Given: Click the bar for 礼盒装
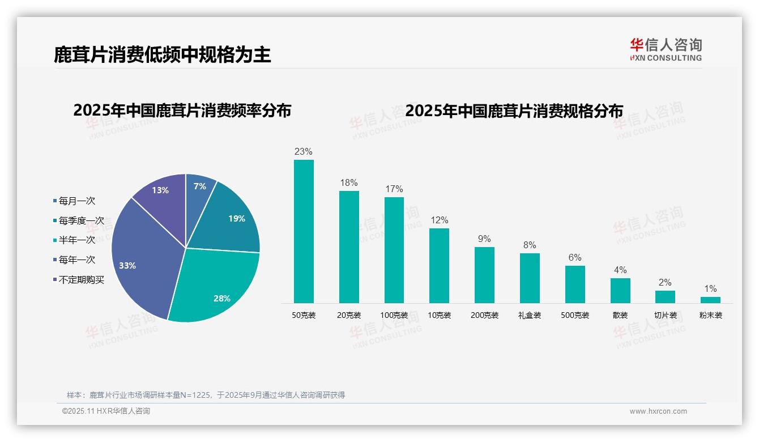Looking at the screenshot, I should click(530, 278).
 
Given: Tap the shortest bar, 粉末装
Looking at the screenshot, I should click(710, 300).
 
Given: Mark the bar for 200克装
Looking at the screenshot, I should click(484, 275).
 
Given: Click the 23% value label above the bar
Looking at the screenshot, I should click(304, 151).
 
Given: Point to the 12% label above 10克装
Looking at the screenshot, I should click(439, 220).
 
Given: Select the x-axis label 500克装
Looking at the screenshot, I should click(575, 315).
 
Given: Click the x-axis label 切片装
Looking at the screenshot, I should click(665, 315).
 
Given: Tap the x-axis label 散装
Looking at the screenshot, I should click(620, 315).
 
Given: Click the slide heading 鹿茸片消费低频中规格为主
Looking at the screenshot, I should click(163, 54).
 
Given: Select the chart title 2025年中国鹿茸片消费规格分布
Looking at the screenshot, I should click(514, 110).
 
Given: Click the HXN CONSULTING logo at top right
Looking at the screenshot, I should click(666, 50).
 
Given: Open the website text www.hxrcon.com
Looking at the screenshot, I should click(658, 411).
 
